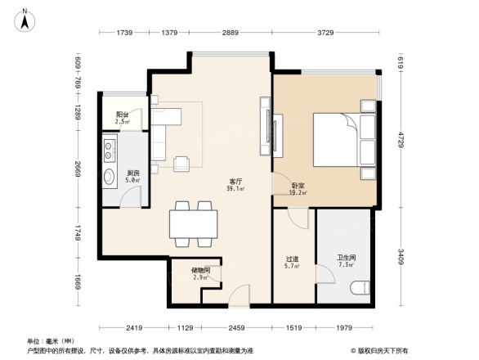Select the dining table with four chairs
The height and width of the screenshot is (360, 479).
pyautogui.click(x=193, y=223)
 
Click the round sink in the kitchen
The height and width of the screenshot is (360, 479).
pyautogui.click(x=109, y=178)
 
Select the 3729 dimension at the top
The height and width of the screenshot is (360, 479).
pyautogui.click(x=325, y=32)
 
